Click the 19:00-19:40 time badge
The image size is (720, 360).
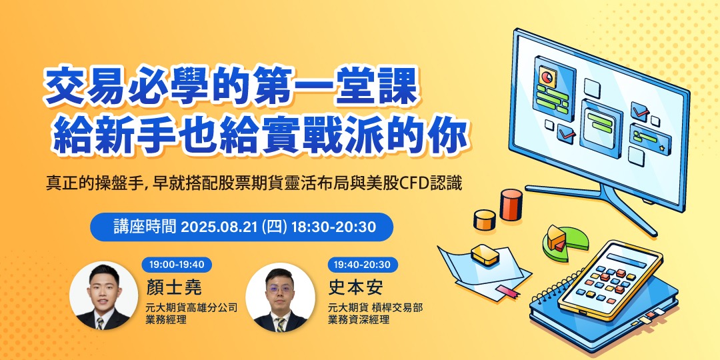point(177,265)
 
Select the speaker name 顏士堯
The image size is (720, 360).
point(174,287)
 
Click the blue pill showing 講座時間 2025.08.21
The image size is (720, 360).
point(241,227)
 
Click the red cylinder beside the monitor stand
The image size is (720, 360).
point(511,204)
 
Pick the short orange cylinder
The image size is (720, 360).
point(484,219)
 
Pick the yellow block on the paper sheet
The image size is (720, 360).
point(485,253)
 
